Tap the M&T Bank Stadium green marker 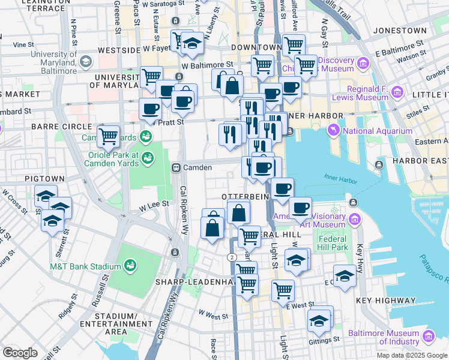pyautogui.click(x=130, y=266)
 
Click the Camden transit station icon pyautogui.click(x=176, y=167)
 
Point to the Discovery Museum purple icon pyautogui.click(x=363, y=63)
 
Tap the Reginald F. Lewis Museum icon pyautogui.click(x=397, y=92)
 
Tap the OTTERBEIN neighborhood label pyautogui.click(x=243, y=197)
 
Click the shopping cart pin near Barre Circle pyautogui.click(x=108, y=136)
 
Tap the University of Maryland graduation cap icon pyautogui.click(x=85, y=62)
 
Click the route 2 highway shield pyautogui.click(x=231, y=257)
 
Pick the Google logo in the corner pyautogui.click(x=20, y=352)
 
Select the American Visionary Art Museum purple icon pyautogui.click(x=355, y=220)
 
